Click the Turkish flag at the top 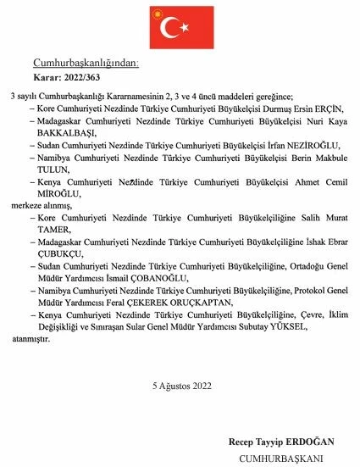[x=180, y=30]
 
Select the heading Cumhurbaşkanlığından [x=84, y=64]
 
